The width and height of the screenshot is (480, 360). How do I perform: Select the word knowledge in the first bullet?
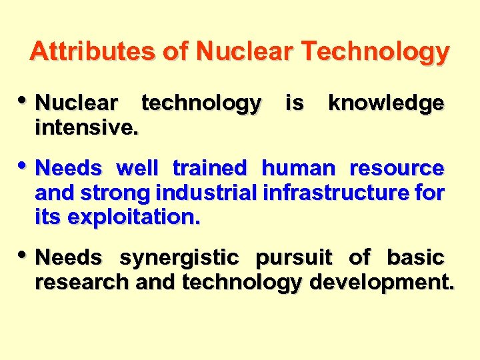[386, 103]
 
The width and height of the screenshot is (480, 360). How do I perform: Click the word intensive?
[87, 127]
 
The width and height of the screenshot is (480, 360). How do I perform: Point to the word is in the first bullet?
[294, 103]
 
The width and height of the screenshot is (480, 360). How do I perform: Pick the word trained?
[209, 168]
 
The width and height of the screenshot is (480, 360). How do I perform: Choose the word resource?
[397, 168]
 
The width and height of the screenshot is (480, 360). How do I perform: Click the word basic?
[415, 257]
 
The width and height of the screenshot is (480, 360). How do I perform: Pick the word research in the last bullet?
[83, 282]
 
